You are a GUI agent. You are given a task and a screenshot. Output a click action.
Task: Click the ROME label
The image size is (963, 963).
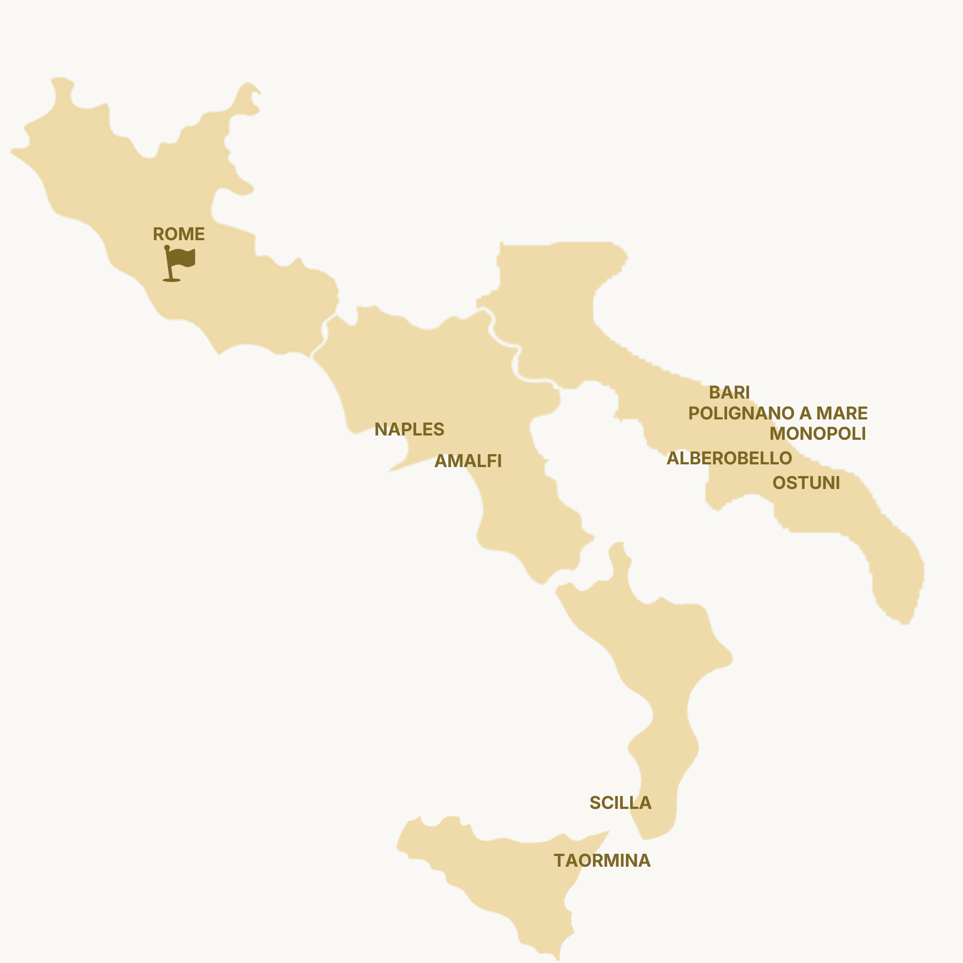(x=179, y=234)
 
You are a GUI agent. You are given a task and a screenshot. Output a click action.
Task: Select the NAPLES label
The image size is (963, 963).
(x=409, y=430)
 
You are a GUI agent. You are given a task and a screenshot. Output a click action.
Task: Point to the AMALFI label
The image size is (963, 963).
(x=468, y=461)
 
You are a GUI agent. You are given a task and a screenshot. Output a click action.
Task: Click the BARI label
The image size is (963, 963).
(x=729, y=393)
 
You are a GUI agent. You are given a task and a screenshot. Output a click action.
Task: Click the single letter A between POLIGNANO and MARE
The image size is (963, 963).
(x=805, y=414)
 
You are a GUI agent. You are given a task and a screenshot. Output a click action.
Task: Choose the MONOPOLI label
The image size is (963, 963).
(x=817, y=434)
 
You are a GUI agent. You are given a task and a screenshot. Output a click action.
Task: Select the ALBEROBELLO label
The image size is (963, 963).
(x=729, y=458)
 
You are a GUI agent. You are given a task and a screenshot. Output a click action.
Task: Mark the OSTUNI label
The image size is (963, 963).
(x=806, y=483)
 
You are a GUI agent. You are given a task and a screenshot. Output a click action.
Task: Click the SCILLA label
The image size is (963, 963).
(x=620, y=803)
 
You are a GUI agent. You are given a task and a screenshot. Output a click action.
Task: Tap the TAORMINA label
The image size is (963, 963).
(x=602, y=861)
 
